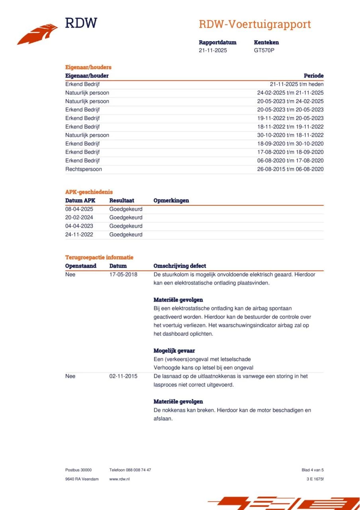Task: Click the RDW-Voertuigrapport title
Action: [x=254, y=24]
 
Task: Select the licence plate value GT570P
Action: [x=264, y=51]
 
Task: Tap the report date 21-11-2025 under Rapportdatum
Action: [x=213, y=51]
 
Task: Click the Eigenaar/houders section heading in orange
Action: [x=88, y=67]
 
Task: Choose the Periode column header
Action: [x=313, y=76]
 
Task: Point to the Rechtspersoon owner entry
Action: [x=83, y=169]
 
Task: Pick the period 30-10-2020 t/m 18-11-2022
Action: [x=290, y=135]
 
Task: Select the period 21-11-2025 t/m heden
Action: [x=297, y=84]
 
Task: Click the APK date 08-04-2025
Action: [x=79, y=209]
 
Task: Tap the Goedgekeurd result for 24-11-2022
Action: [x=125, y=235]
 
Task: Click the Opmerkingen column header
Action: [x=171, y=200]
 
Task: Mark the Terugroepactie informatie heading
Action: [x=99, y=257]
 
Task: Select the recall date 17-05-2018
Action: [x=123, y=275]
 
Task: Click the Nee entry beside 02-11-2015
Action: [x=70, y=376]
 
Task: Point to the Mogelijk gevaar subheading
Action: [x=174, y=351]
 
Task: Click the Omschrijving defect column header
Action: [x=180, y=266]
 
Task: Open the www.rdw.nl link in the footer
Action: [x=119, y=479]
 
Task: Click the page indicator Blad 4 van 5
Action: [x=313, y=470]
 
